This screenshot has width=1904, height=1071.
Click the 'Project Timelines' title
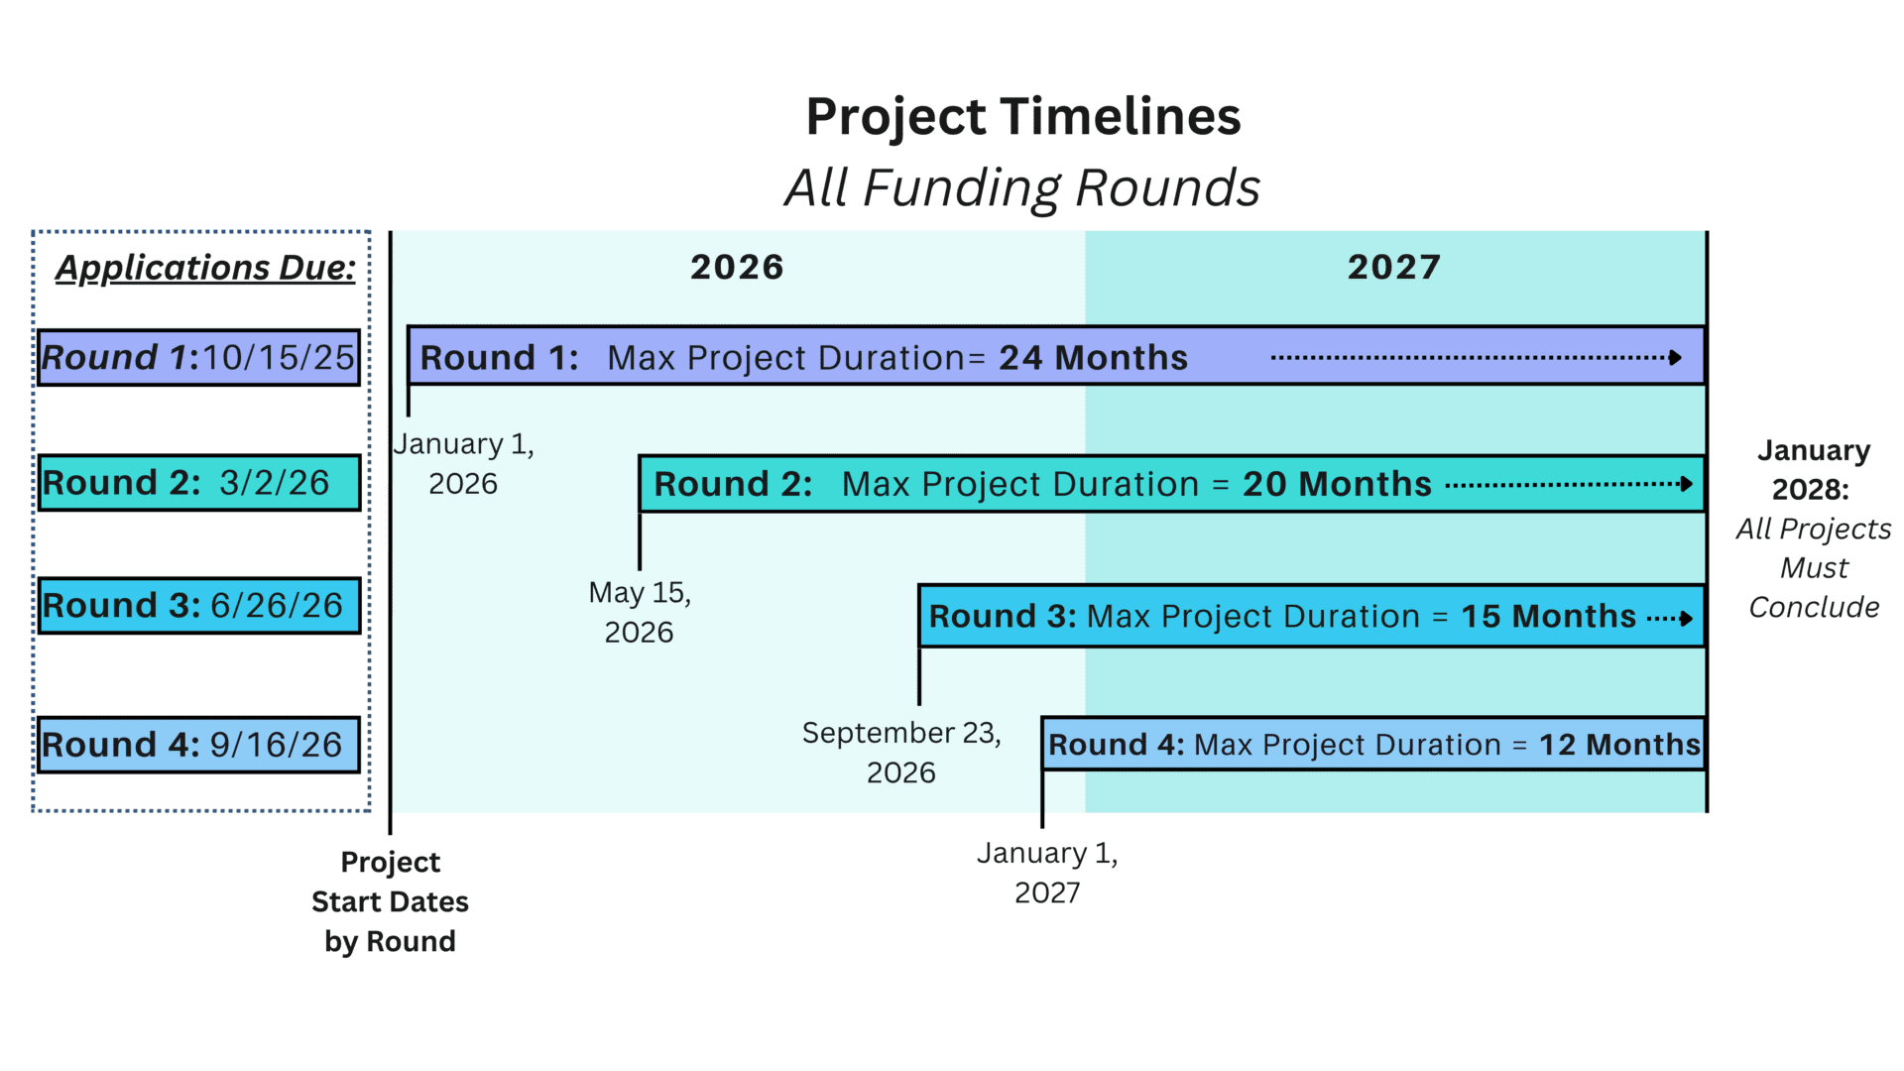[x=1022, y=117]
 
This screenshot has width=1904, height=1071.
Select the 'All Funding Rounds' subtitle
[x=1022, y=187]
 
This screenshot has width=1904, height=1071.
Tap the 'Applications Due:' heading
[x=205, y=268]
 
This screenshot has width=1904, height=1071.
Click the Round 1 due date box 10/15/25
[x=199, y=357]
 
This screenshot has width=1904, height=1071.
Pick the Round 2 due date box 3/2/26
[x=199, y=483]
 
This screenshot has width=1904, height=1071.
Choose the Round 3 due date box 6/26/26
[x=199, y=606]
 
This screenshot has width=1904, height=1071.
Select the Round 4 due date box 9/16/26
[x=199, y=745]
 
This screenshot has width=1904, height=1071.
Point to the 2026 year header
[x=737, y=267]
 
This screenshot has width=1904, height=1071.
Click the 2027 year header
[x=1394, y=267]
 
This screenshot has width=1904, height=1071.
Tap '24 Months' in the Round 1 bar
[x=1093, y=357]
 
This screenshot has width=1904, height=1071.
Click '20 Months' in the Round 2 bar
[x=1337, y=484]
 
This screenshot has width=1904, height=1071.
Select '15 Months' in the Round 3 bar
[x=1548, y=616]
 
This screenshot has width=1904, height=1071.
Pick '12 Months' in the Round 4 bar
[x=1619, y=745]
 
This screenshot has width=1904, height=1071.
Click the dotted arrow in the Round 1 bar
[x=1477, y=358]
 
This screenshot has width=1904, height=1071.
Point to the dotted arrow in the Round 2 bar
[x=1569, y=485]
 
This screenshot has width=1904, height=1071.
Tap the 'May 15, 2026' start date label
[x=640, y=612]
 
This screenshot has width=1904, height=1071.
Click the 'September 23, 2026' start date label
[x=901, y=752]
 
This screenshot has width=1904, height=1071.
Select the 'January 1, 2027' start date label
[x=1047, y=873]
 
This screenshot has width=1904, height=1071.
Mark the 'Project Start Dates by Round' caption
[x=390, y=901]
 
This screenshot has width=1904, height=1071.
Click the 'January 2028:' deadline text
[x=1813, y=469]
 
